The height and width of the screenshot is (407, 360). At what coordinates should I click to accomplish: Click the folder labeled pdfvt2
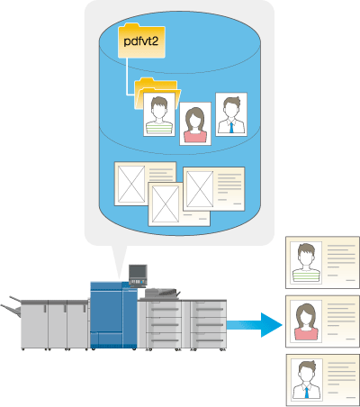141,41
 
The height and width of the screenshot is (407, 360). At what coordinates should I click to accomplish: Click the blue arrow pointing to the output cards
255,325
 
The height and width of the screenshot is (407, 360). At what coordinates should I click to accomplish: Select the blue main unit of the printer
113,315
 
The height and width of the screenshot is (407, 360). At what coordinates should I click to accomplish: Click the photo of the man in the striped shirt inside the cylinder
159,114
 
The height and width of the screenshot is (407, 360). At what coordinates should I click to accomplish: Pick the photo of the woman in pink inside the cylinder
195,123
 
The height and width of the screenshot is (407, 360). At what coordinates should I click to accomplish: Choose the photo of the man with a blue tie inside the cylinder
231,114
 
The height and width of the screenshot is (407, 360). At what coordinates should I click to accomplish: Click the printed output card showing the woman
322,321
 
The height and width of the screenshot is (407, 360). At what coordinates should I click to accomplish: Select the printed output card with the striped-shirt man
322,262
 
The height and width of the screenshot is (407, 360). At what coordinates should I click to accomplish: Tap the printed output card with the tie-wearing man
322,380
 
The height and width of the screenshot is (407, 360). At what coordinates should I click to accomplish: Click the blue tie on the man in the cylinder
231,127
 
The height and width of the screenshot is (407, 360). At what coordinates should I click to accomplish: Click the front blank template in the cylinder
179,204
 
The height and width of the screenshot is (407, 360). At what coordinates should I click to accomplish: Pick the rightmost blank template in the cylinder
214,189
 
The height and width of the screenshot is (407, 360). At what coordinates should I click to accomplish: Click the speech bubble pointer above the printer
119,261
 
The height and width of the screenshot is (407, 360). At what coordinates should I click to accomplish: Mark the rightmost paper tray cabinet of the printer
208,324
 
